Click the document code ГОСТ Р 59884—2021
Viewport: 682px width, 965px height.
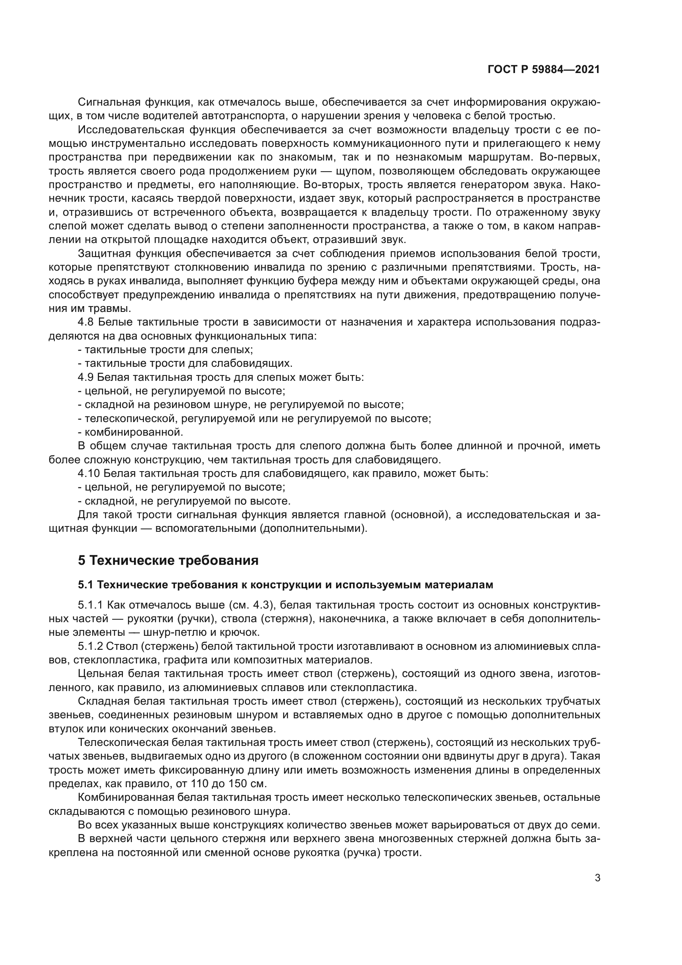pyautogui.click(x=543, y=70)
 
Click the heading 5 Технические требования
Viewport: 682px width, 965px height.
pyautogui.click(x=168, y=560)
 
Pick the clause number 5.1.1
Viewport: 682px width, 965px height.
pyautogui.click(x=91, y=605)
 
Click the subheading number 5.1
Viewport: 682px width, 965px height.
pyautogui.click(x=86, y=585)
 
